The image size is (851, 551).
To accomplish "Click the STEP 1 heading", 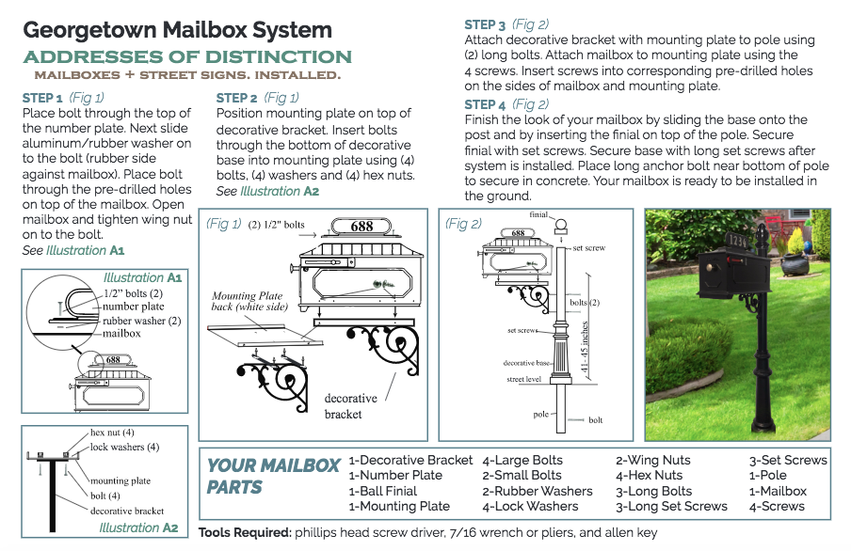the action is pyautogui.click(x=42, y=98).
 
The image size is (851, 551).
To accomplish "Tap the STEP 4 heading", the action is pyautogui.click(x=485, y=104).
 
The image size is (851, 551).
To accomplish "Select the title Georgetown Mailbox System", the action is pyautogui.click(x=178, y=30).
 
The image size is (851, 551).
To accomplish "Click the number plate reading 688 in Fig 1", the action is pyautogui.click(x=361, y=227).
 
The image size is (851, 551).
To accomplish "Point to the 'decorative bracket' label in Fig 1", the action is pyautogui.click(x=350, y=406).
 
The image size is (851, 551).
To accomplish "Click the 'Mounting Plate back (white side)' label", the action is pyautogui.click(x=249, y=301).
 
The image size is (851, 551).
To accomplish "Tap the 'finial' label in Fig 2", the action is pyautogui.click(x=538, y=214).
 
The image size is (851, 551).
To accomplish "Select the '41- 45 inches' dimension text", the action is pyautogui.click(x=585, y=347).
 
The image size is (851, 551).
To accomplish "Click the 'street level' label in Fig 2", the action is pyautogui.click(x=523, y=379).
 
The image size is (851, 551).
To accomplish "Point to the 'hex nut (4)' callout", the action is pyautogui.click(x=112, y=433).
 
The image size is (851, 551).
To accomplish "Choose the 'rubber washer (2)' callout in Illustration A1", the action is pyautogui.click(x=141, y=321).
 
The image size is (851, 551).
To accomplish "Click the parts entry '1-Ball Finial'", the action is pyautogui.click(x=382, y=491).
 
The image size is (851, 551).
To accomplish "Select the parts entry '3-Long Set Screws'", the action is pyautogui.click(x=671, y=506).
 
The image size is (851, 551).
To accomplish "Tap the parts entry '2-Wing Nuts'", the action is pyautogui.click(x=653, y=461).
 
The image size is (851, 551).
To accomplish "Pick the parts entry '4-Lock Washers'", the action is pyautogui.click(x=530, y=506).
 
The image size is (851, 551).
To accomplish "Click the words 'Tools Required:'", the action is pyautogui.click(x=245, y=532).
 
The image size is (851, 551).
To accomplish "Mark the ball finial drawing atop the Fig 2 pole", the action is pyautogui.click(x=561, y=226).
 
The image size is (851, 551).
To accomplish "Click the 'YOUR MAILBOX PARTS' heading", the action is pyautogui.click(x=273, y=476).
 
